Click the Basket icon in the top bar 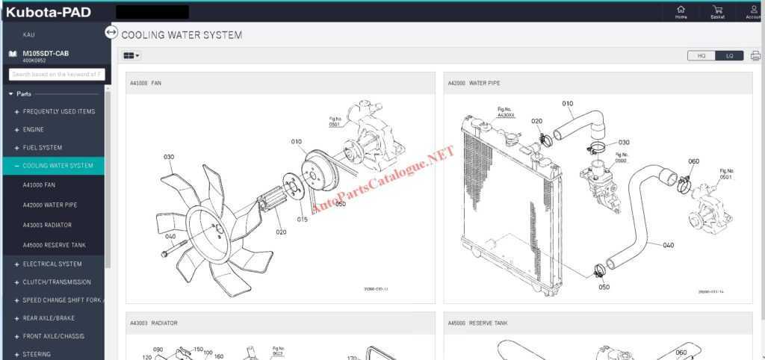717,10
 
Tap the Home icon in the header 681,10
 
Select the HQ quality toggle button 701,55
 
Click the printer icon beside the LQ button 755,55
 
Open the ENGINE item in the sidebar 33,130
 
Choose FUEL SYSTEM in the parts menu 42,148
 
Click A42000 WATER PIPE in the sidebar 49,205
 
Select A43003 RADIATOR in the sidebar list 47,225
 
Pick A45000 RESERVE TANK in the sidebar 54,245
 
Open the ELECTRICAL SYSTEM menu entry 52,264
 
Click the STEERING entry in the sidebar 37,354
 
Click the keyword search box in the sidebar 56,74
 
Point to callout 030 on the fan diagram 169,157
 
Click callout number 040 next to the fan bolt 170,237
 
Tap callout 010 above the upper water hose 568,104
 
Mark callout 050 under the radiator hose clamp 604,287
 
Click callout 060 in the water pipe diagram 693,161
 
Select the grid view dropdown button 131,55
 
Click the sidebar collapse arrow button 111,32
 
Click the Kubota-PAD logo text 48,11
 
